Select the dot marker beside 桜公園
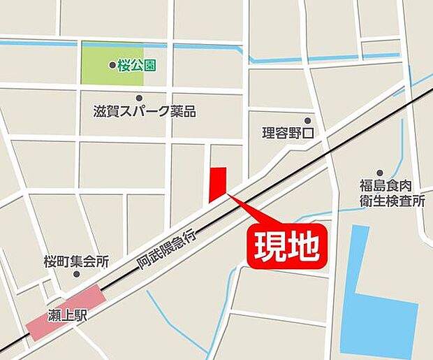(x=112, y=66)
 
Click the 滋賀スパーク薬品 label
(x=144, y=112)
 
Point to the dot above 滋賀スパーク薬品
(x=139, y=98)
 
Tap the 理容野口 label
(x=289, y=133)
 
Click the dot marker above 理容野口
(x=308, y=120)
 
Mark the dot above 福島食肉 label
(x=380, y=173)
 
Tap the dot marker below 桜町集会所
(x=76, y=274)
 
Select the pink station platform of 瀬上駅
(x=66, y=312)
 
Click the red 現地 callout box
(x=286, y=246)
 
